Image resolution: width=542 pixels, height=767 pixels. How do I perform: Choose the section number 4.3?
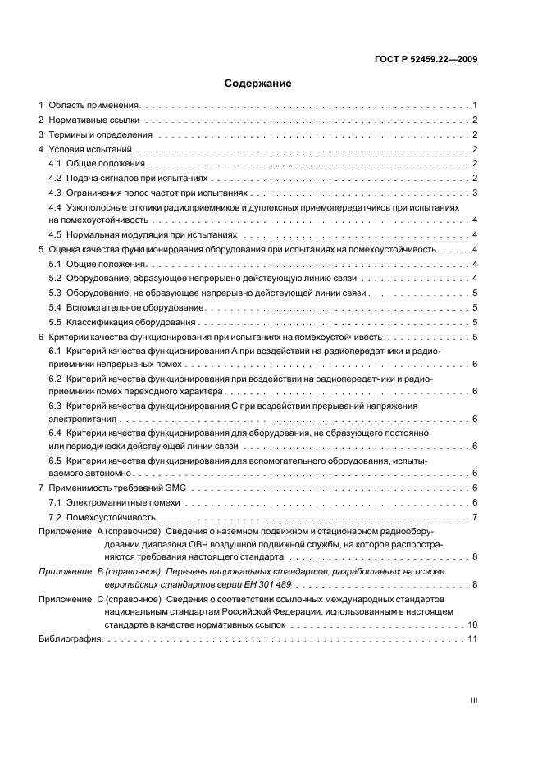[x=56, y=193]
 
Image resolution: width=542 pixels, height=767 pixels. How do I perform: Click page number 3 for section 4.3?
[x=475, y=193]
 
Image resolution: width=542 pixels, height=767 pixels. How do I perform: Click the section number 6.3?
[x=56, y=406]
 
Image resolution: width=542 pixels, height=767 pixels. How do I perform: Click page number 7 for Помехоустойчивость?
[x=475, y=517]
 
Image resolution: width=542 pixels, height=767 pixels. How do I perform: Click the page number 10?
[x=472, y=625]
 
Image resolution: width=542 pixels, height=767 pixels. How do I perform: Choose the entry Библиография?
[x=70, y=640]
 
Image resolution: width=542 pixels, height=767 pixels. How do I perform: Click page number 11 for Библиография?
[x=472, y=640]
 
